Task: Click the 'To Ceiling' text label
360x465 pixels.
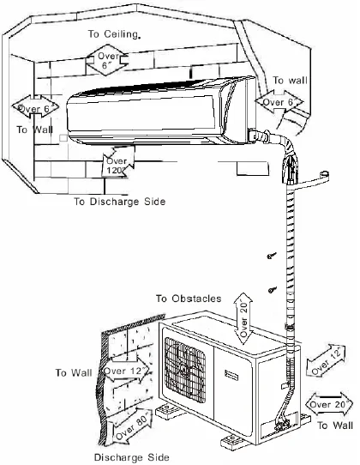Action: point(115,33)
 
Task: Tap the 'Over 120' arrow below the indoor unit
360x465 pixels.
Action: point(116,162)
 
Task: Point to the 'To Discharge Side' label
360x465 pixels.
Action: point(119,202)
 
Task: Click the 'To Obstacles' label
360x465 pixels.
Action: point(189,298)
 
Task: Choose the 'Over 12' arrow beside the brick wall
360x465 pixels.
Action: point(126,371)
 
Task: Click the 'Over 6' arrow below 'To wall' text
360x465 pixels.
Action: point(279,101)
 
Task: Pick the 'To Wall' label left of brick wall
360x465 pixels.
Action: point(74,373)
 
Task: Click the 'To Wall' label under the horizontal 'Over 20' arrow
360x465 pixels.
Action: point(334,424)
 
